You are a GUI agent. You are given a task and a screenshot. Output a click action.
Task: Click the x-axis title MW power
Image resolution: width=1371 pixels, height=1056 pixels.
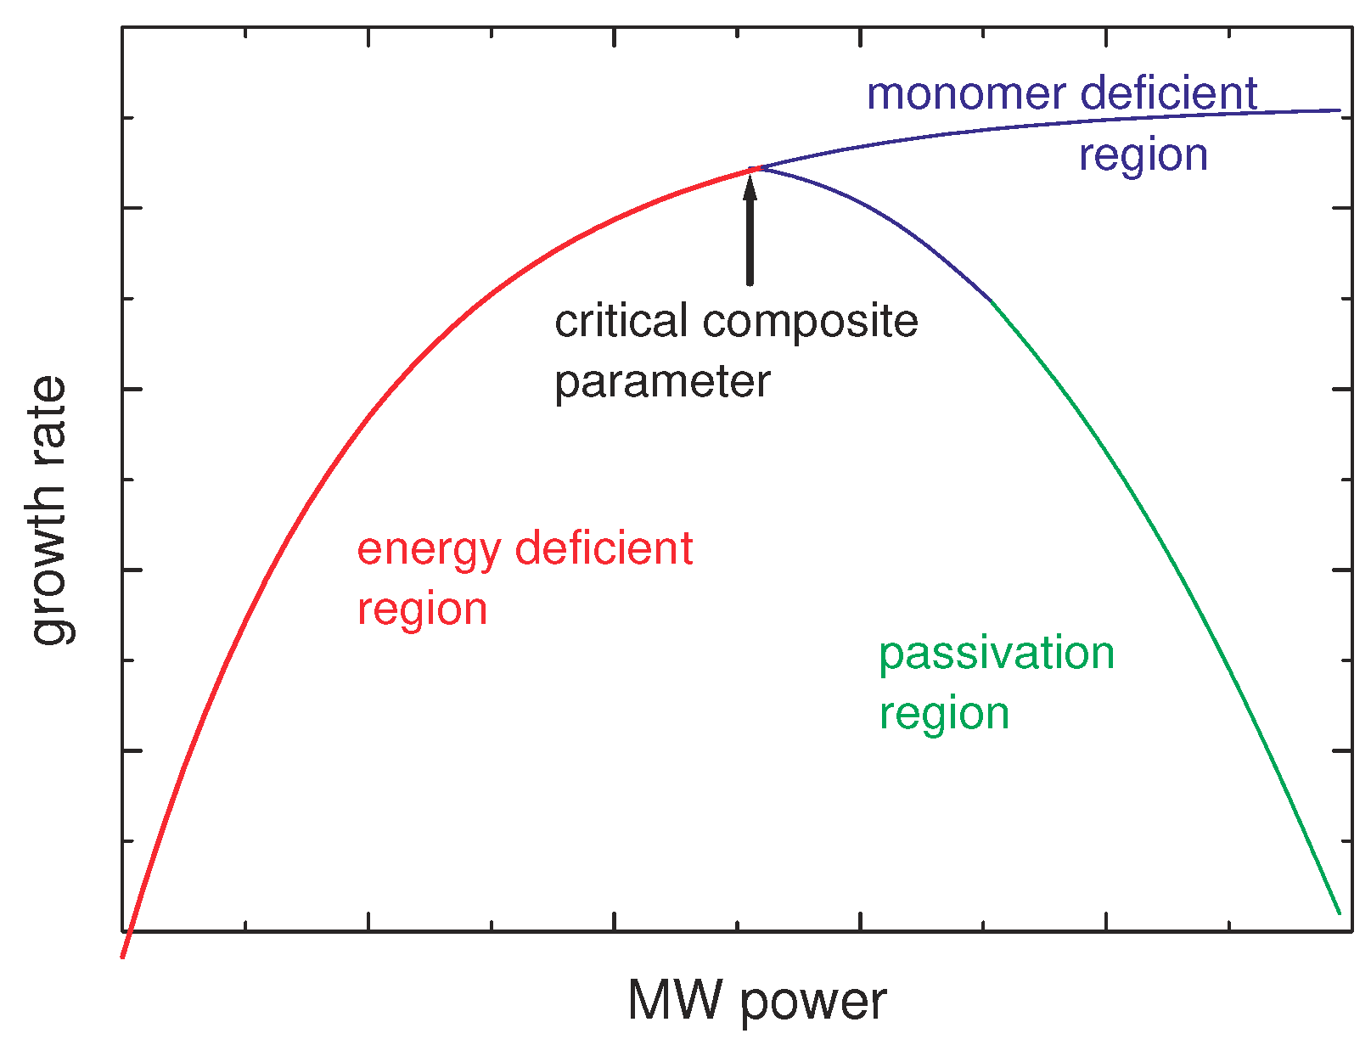756,1002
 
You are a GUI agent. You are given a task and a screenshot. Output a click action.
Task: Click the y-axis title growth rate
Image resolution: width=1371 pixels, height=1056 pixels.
49,510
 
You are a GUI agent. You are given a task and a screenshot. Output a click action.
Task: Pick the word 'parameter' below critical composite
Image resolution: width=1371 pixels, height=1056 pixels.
662,383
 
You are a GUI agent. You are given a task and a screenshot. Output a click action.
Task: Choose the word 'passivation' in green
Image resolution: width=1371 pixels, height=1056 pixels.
996,654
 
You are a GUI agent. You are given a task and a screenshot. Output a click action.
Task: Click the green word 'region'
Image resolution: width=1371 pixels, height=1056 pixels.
943,714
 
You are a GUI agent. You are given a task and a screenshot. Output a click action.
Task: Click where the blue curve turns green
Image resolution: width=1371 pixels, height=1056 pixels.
991,300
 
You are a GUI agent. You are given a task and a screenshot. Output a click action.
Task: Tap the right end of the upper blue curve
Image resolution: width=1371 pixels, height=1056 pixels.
1339,110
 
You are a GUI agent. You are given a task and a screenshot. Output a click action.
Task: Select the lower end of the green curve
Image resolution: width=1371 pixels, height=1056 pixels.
1339,913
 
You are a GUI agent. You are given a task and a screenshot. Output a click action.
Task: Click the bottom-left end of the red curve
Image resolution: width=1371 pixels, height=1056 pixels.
124,956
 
